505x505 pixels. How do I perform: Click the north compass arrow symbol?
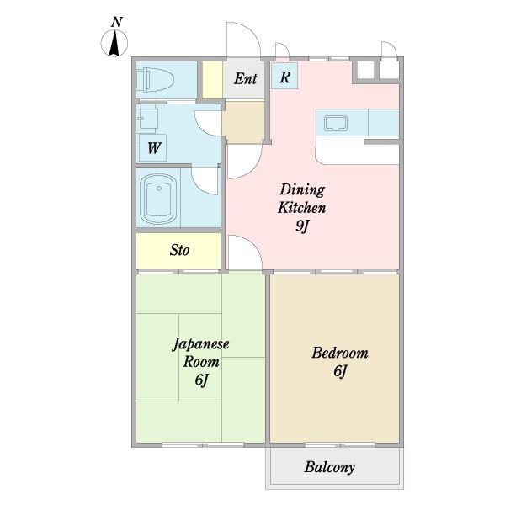[x=114, y=43]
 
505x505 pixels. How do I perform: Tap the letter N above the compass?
[x=117, y=22]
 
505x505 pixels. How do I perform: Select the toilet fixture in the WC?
[x=155, y=80]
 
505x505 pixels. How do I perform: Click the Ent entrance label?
[x=246, y=78]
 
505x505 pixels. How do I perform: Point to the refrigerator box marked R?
[x=284, y=77]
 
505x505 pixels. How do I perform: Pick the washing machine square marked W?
[x=152, y=147]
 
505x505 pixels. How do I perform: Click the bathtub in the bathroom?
[x=158, y=199]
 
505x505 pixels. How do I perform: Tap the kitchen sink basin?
[x=336, y=124]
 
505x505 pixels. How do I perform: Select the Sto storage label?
[x=179, y=250]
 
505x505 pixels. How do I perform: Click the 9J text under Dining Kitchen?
[x=302, y=226]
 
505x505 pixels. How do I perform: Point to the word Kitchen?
[x=302, y=207]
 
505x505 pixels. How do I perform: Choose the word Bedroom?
[x=340, y=353]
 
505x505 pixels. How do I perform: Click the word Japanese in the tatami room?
[x=201, y=344]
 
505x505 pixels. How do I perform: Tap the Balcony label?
[x=329, y=467]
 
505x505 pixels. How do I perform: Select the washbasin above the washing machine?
[x=147, y=119]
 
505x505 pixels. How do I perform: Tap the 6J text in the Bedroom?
[x=340, y=371]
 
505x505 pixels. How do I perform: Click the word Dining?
[x=302, y=189]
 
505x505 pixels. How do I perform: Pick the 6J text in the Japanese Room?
[x=201, y=380]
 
